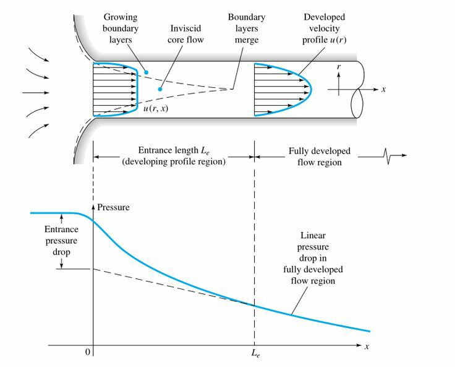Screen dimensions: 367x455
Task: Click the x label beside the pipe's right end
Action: click(x=383, y=90)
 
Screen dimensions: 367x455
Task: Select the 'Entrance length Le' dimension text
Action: click(x=174, y=156)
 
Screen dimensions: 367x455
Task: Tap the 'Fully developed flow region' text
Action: click(x=320, y=156)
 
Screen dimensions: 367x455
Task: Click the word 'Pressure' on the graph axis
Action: click(x=114, y=207)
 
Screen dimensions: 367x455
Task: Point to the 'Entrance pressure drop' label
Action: click(x=61, y=240)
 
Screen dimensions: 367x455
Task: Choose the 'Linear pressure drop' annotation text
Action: click(x=313, y=258)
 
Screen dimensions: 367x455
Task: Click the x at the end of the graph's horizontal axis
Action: click(x=367, y=347)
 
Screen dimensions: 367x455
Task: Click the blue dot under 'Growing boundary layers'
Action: click(x=147, y=72)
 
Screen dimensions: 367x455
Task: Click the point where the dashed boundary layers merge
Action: click(x=230, y=89)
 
